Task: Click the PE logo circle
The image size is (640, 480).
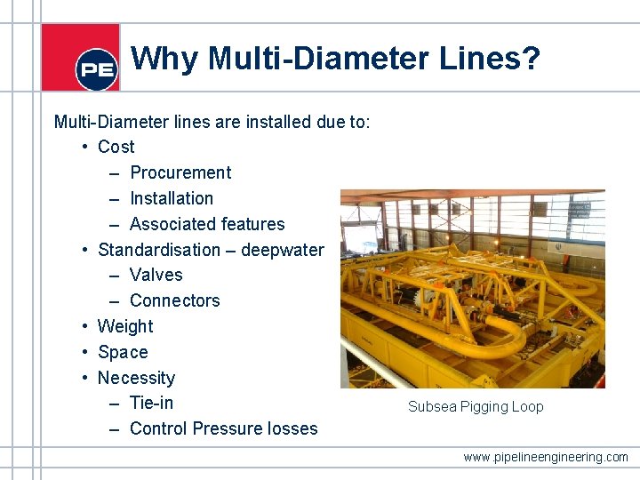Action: (97, 69)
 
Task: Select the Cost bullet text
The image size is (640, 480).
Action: (116, 147)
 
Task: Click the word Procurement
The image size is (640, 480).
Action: (180, 172)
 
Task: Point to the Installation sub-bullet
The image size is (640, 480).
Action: (172, 198)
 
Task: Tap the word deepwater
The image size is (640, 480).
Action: (283, 250)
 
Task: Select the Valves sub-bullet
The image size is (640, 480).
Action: (156, 275)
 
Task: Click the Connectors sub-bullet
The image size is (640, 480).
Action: (174, 300)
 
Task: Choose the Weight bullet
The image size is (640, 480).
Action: (125, 326)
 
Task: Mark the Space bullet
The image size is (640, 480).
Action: (123, 352)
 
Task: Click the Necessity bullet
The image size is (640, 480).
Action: (136, 378)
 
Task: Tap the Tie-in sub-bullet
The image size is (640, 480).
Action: (151, 403)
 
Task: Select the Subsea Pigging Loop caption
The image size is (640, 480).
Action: (476, 407)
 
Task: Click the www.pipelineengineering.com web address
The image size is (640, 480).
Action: (545, 457)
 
